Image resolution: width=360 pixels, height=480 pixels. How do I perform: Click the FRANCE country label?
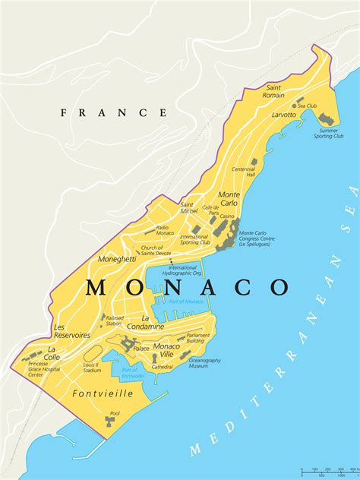pos(114,112)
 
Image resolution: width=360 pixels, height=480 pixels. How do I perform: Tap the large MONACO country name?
pos(188,287)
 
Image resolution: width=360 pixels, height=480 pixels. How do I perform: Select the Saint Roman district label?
pos(273,92)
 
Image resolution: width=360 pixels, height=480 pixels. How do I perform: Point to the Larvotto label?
pos(285,115)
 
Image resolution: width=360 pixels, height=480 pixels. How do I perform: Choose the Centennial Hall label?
pos(244,172)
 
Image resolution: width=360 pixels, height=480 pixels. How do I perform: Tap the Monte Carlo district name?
pos(229,199)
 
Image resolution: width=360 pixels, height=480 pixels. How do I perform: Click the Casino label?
pos(227,216)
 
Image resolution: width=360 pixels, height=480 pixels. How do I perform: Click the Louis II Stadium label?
pos(92,368)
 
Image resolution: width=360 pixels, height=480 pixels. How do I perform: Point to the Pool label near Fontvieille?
pos(115,414)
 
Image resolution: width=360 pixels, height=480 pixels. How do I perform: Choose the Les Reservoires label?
pos(72,331)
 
